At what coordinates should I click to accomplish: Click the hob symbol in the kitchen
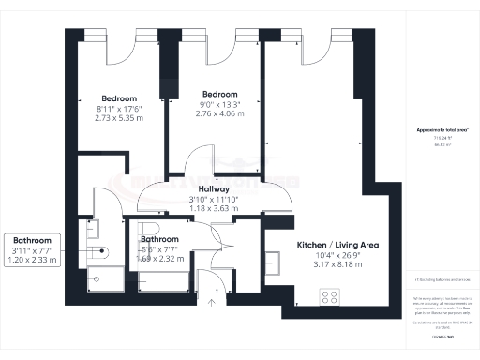pos(330,296)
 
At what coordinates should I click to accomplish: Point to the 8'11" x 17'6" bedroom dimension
pos(119,110)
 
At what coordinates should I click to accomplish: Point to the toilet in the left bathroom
pos(102,250)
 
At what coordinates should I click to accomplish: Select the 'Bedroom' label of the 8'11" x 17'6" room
pos(119,98)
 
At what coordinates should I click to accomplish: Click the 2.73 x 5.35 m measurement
pos(119,120)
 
